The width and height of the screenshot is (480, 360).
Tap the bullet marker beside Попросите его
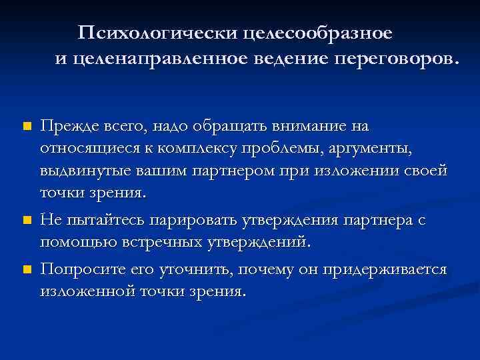[26, 269]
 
